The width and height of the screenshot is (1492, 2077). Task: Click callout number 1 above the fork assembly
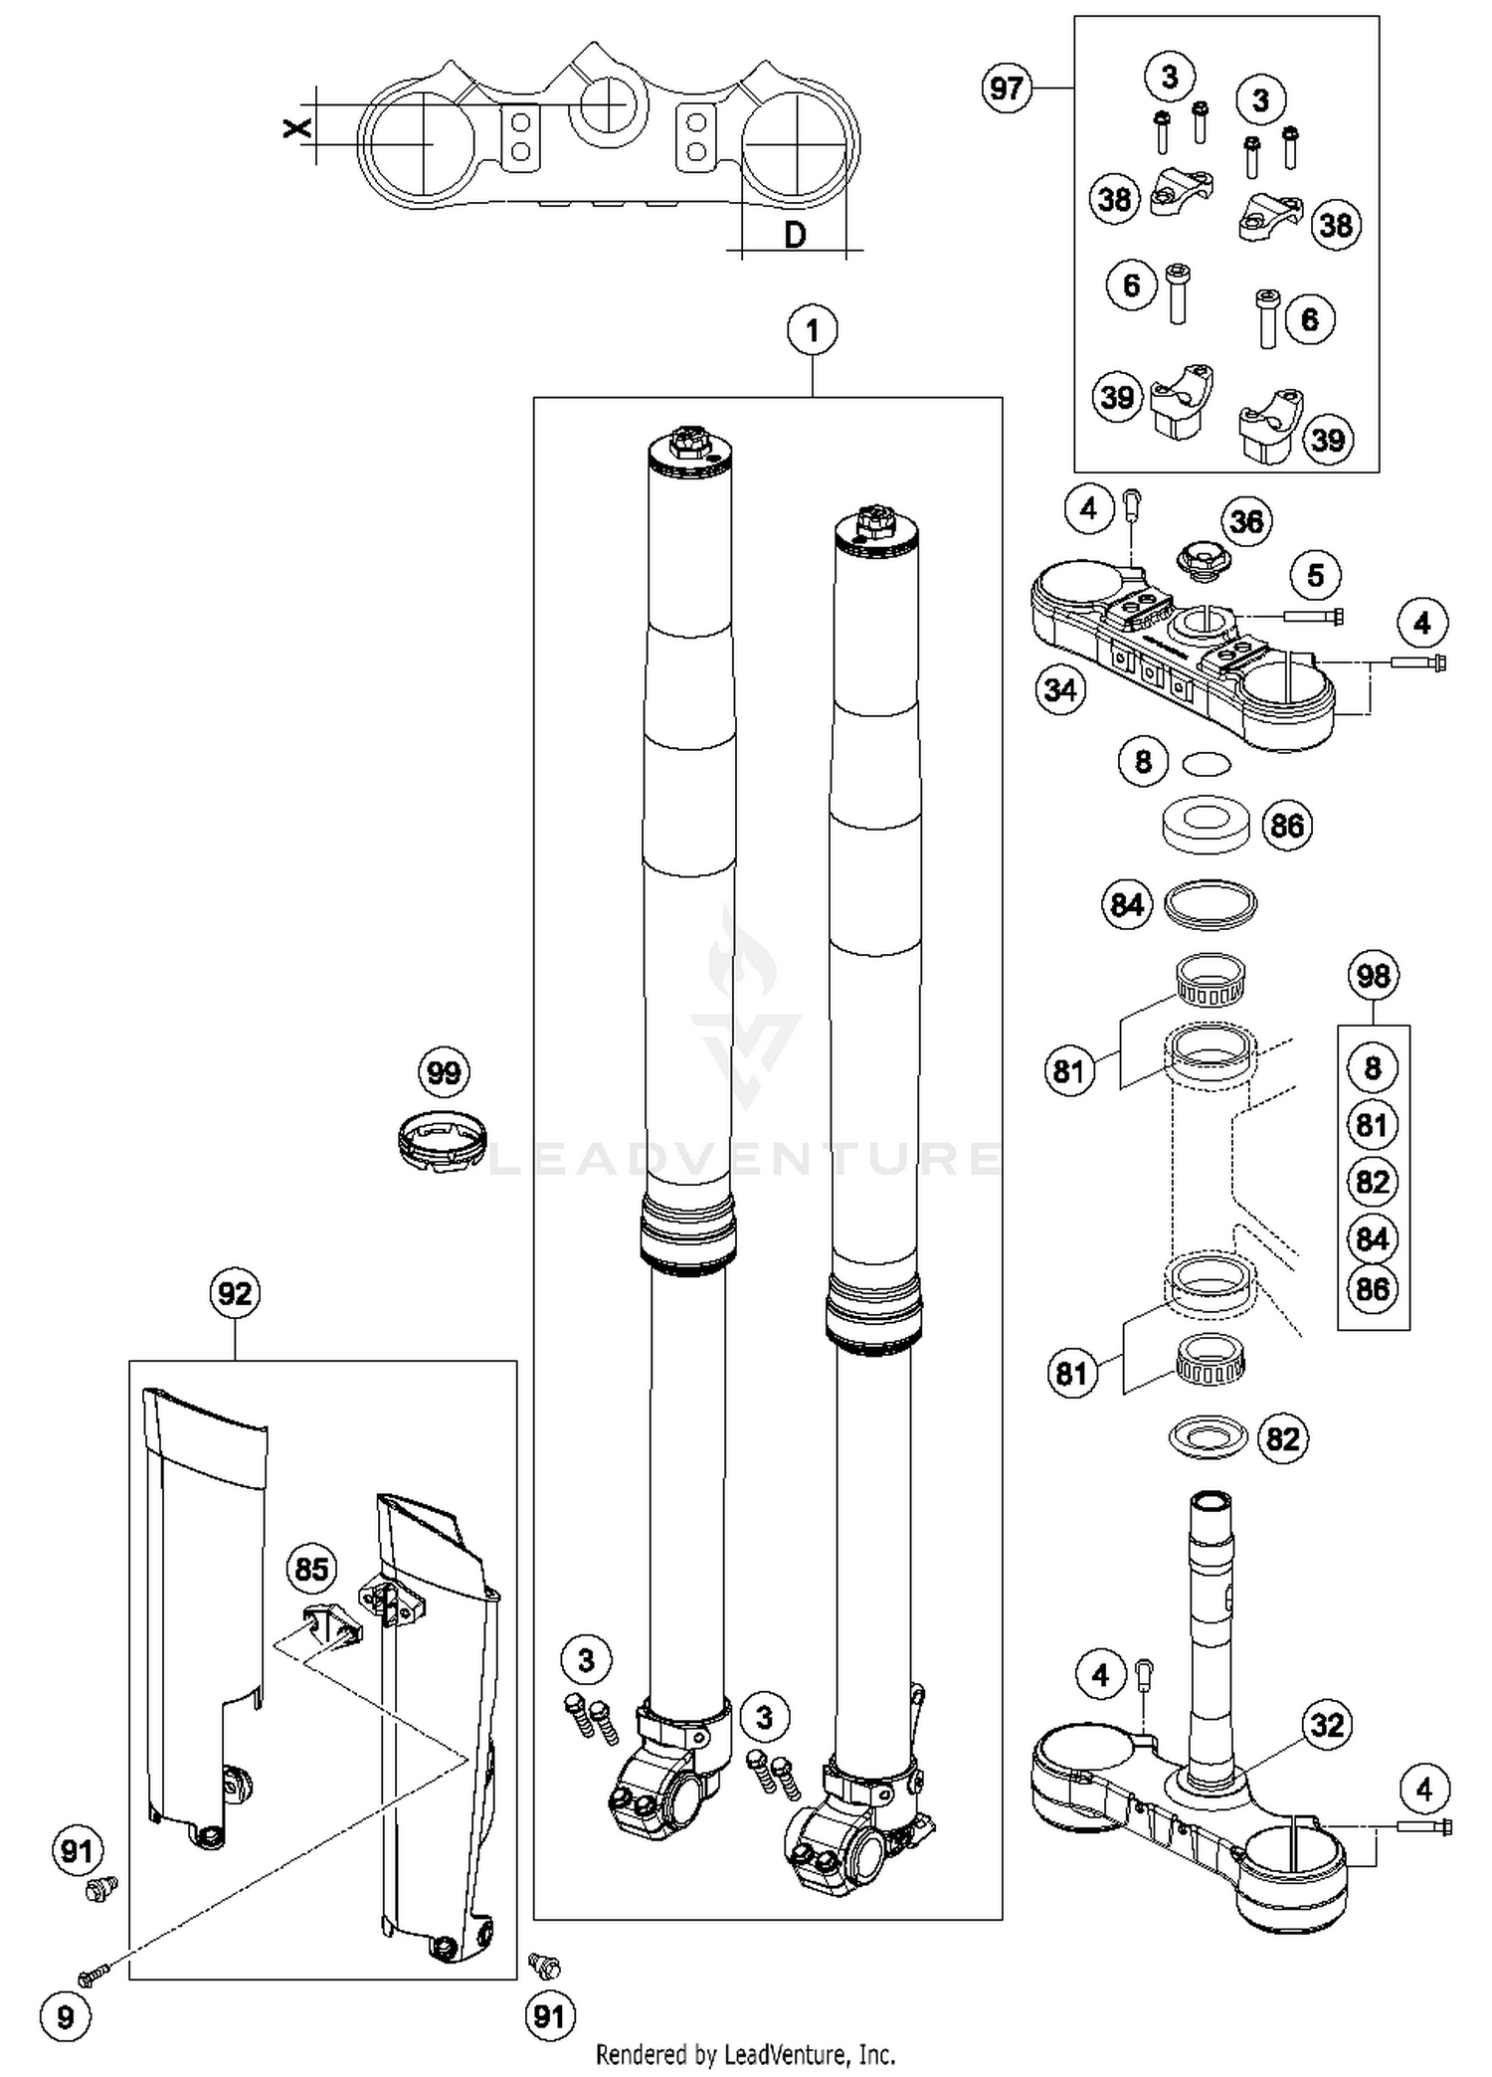click(x=812, y=330)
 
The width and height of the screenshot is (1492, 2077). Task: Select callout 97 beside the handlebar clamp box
click(x=1006, y=89)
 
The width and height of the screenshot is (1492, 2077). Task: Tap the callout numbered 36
click(x=1246, y=521)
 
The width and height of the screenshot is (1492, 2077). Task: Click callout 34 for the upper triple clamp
click(x=1059, y=689)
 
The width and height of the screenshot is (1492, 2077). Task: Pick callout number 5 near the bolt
click(x=1315, y=575)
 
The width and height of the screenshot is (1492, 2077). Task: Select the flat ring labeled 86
click(x=1207, y=824)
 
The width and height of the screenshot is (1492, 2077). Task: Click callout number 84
click(x=1126, y=904)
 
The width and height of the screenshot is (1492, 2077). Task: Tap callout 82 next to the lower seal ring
click(x=1282, y=1438)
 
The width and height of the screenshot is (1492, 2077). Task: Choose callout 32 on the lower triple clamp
click(x=1327, y=1724)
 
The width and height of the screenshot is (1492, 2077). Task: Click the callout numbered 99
click(x=443, y=1072)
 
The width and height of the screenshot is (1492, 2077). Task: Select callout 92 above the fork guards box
click(x=235, y=1293)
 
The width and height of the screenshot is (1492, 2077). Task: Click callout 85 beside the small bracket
click(x=311, y=1569)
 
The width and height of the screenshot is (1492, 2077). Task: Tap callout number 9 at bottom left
click(x=65, y=2016)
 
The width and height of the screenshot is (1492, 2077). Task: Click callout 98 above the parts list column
click(x=1373, y=976)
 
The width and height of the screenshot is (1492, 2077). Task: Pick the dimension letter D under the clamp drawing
click(x=795, y=236)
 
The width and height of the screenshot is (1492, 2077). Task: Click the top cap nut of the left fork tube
click(x=687, y=442)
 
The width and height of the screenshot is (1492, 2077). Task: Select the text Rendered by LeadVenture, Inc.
click(x=745, y=2053)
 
